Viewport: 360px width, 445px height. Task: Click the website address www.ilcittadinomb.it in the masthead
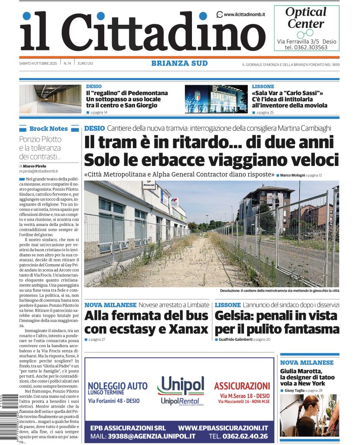pyautogui.click(x=244, y=15)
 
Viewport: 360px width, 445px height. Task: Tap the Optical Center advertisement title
pyautogui.click(x=306, y=17)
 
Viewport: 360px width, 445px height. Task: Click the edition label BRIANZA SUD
pyautogui.click(x=179, y=63)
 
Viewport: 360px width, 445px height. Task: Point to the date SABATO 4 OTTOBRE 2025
pyautogui.click(x=38, y=63)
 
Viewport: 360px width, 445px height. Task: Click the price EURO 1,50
pyautogui.click(x=86, y=63)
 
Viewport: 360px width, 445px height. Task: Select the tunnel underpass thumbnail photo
pyautogui.click(x=50, y=99)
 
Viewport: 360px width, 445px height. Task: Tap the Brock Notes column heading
pyautogui.click(x=48, y=129)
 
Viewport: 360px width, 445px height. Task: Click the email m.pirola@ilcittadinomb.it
pyautogui.click(x=38, y=171)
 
